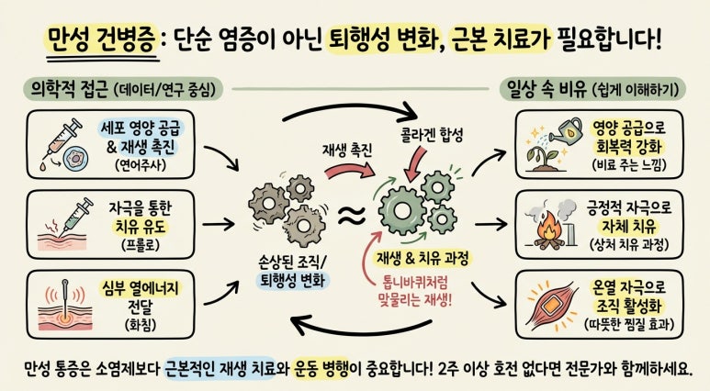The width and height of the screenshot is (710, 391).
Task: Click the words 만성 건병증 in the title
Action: [x=102, y=39]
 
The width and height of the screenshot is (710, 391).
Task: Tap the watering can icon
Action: [x=566, y=129]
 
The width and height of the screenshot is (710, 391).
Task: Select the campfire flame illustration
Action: [x=548, y=228]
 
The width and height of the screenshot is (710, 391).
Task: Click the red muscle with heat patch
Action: [x=551, y=304]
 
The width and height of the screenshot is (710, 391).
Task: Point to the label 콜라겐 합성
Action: [x=432, y=135]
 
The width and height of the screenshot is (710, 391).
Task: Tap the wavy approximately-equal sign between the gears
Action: [x=352, y=216]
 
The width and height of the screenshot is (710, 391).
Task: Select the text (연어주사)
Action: [x=141, y=164]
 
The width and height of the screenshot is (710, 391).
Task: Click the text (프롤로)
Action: [x=141, y=244]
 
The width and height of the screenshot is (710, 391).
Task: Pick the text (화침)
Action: [x=141, y=325]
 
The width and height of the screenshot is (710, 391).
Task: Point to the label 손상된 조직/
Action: [x=292, y=261]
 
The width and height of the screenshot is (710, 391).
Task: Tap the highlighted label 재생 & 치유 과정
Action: [x=423, y=259]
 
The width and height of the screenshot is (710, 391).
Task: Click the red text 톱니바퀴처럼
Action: [x=416, y=284]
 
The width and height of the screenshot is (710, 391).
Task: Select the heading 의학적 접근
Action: [x=69, y=89]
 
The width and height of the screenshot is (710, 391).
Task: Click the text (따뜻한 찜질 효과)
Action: [x=629, y=325]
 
